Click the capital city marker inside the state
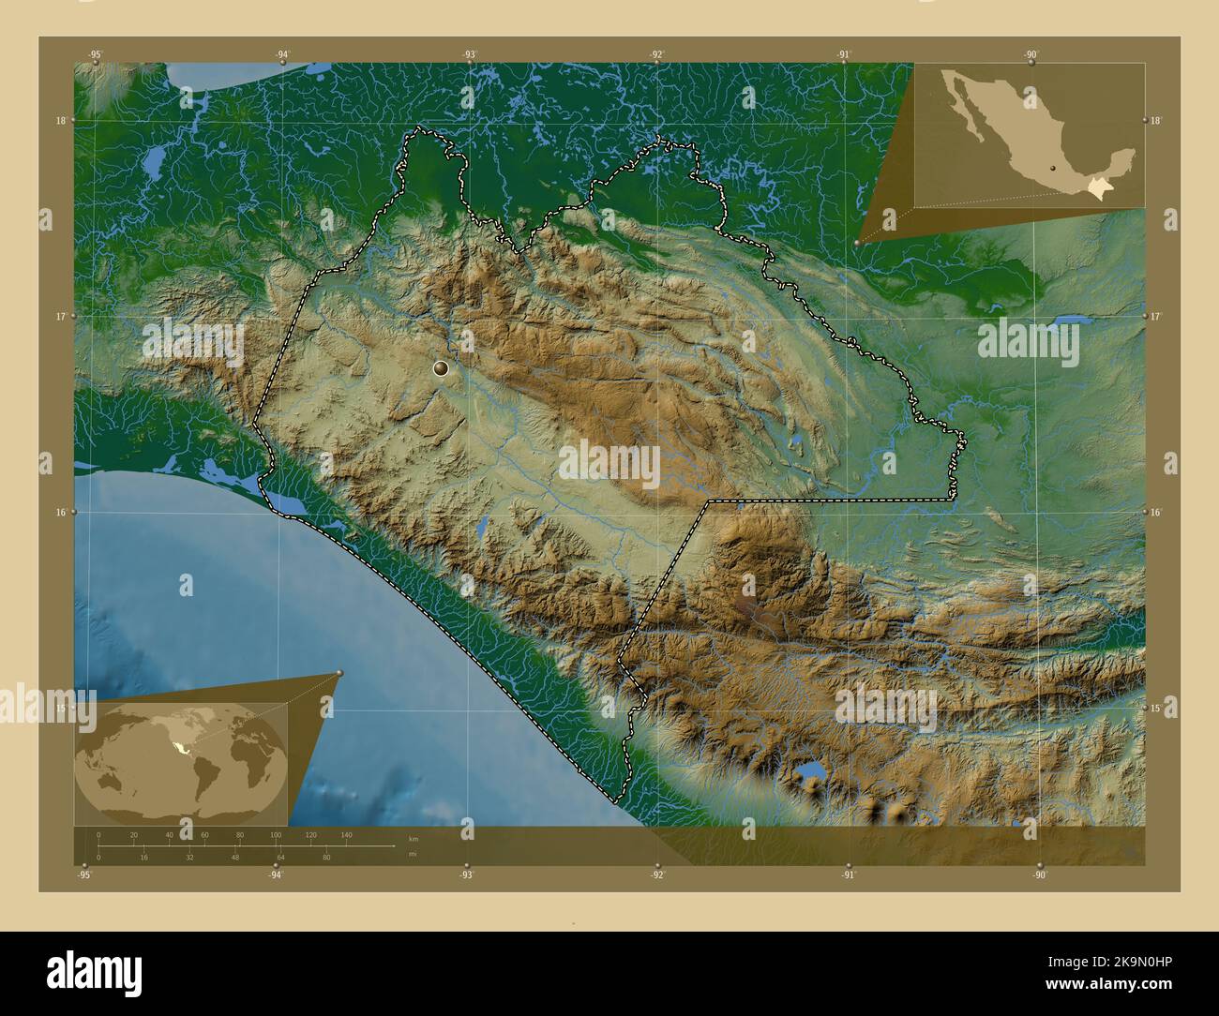(442, 369)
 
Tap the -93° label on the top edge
(469, 54)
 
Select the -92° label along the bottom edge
(657, 875)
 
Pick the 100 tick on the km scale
(275, 834)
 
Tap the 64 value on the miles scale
(280, 858)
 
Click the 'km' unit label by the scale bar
(414, 838)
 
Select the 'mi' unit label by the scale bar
(413, 855)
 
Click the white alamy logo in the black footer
(95, 969)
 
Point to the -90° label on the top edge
(1031, 54)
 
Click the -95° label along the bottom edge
(84, 875)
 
